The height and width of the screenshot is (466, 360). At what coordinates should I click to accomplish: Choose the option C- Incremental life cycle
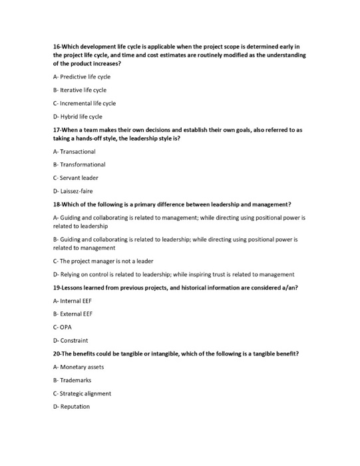tap(85, 103)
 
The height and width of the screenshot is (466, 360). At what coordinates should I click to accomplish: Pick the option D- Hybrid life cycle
tap(77, 116)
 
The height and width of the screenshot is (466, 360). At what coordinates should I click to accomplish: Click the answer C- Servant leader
tap(76, 178)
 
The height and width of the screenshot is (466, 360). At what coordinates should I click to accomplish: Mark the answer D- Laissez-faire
tap(73, 191)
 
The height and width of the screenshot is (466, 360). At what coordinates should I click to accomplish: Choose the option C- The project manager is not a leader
tap(103, 261)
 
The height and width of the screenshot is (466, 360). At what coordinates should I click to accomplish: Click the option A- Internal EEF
tap(72, 300)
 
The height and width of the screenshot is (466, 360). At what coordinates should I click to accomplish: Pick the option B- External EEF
tap(73, 314)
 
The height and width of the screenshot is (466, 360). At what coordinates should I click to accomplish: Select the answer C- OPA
tap(62, 327)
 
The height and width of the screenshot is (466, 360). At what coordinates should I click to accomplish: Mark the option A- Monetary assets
tap(79, 367)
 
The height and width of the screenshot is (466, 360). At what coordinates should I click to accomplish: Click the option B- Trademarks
tap(72, 380)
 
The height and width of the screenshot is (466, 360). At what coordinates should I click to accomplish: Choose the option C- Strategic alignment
tap(82, 393)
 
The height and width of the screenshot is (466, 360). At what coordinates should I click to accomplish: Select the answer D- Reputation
tap(71, 407)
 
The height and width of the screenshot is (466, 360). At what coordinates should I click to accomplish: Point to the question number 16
tap(57, 47)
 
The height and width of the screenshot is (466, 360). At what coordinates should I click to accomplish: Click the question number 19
tap(57, 287)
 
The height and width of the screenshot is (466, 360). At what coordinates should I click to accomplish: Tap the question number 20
tap(57, 353)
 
